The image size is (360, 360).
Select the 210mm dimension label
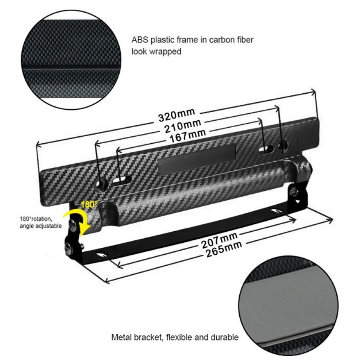(183, 126)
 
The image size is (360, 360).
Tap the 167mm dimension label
(187, 136)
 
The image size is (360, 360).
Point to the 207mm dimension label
(220, 240)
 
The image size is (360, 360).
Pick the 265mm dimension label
(224, 249)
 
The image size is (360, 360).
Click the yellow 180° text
(89, 204)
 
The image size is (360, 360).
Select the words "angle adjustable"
(41, 226)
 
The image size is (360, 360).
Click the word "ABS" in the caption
(140, 40)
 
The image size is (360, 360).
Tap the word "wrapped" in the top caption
(165, 51)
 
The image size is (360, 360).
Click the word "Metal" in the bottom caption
(121, 338)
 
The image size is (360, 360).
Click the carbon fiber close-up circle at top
(71, 60)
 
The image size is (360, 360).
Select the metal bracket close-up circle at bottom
(289, 306)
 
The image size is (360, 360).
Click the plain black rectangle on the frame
(197, 159)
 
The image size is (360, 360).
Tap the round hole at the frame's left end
(101, 184)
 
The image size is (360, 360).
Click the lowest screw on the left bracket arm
(70, 248)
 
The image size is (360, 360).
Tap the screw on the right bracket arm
(294, 192)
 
